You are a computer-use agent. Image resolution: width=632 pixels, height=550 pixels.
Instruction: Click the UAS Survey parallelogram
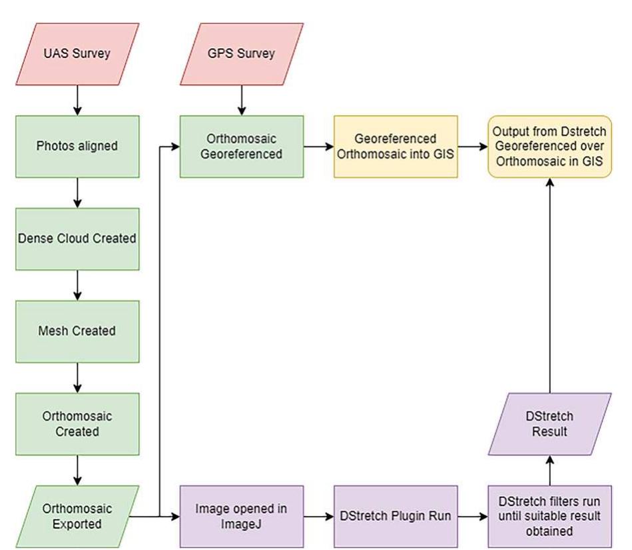click(x=78, y=54)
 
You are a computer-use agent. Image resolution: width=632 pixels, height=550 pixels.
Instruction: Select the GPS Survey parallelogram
click(x=242, y=54)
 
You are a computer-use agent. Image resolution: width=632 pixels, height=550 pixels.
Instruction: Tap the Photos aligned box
click(x=78, y=147)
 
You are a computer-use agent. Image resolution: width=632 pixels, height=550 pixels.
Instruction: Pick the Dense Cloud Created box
click(x=78, y=239)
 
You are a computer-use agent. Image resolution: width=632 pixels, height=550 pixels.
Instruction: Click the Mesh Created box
click(x=78, y=331)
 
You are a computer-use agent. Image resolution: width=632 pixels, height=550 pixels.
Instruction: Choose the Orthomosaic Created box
click(x=78, y=423)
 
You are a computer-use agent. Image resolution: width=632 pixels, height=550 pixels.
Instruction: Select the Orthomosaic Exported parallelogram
click(x=78, y=516)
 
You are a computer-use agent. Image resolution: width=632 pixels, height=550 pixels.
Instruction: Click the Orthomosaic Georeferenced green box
click(x=242, y=147)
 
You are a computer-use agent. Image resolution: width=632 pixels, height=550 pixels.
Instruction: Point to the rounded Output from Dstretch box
click(x=550, y=147)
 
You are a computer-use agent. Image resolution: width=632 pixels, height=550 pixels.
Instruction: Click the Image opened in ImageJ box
click(x=242, y=516)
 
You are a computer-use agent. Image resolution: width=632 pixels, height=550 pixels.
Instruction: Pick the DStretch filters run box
click(x=550, y=516)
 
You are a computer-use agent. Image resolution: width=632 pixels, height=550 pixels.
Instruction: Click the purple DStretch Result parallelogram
click(x=550, y=423)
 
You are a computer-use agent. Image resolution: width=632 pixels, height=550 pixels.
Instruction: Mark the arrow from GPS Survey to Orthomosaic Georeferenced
click(x=242, y=100)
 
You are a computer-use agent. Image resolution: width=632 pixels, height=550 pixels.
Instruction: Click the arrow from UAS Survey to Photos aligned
click(x=78, y=100)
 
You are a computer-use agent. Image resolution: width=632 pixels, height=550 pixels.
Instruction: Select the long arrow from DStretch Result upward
click(x=550, y=287)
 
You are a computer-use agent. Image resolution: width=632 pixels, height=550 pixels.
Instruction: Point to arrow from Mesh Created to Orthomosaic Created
click(x=78, y=377)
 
